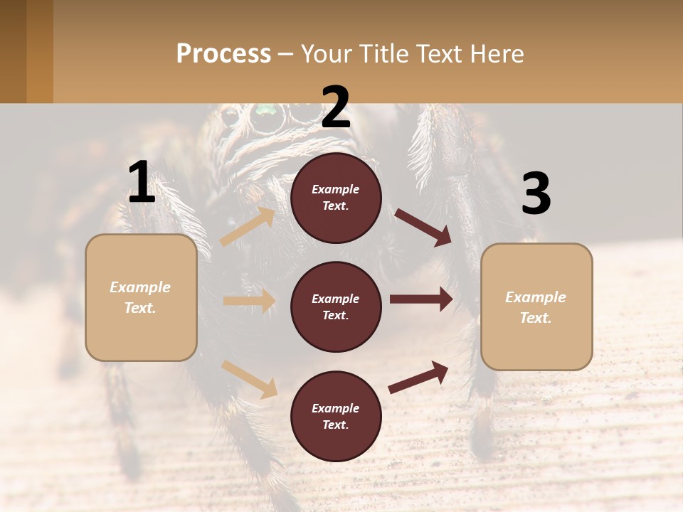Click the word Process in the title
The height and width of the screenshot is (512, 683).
coord(223,54)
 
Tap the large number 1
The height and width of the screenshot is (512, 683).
coord(142,183)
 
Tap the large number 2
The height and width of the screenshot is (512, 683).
coord(336,107)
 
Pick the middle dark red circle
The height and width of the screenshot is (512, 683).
coord(336,306)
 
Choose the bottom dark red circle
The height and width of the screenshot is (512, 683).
coord(336,416)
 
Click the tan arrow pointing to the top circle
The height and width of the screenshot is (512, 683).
coord(248,226)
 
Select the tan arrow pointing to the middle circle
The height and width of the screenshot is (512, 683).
coord(249,301)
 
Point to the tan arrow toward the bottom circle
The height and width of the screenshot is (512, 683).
coord(250,379)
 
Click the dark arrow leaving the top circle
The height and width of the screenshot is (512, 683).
coord(423,227)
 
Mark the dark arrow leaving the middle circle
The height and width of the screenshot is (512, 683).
coord(421,299)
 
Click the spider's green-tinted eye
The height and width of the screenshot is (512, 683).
coord(265,110)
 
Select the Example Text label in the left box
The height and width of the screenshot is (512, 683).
coord(140,297)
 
